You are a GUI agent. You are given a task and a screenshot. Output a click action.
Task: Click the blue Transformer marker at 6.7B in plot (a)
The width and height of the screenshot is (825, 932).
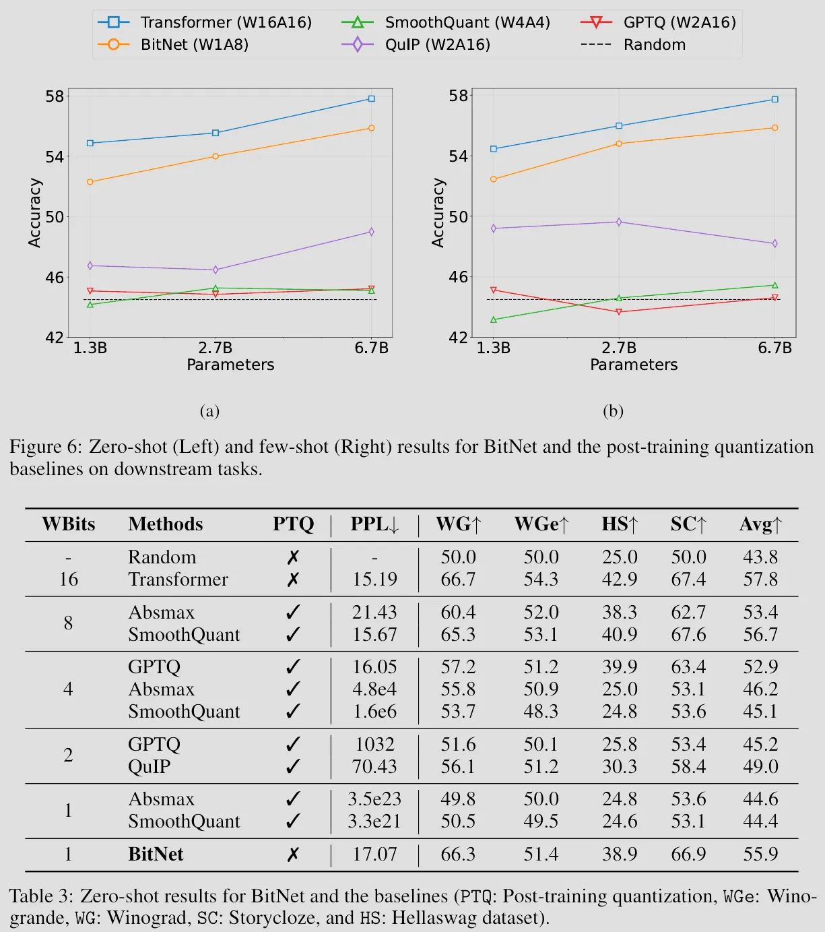pyautogui.click(x=371, y=98)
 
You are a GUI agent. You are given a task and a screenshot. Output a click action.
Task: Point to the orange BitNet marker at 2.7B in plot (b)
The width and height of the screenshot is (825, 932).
pyautogui.click(x=619, y=144)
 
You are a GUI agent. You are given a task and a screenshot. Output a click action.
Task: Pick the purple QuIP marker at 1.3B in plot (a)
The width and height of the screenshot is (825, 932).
pyautogui.click(x=90, y=266)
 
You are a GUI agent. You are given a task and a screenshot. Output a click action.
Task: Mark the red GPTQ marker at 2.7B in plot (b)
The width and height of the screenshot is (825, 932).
pyautogui.click(x=619, y=312)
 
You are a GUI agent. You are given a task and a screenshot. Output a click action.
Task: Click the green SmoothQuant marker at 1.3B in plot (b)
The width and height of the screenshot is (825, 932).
pyautogui.click(x=494, y=319)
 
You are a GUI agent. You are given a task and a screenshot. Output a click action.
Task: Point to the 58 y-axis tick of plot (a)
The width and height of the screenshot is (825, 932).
pyautogui.click(x=55, y=96)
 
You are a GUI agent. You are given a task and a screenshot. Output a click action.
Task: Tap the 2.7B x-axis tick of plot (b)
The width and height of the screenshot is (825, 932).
pyautogui.click(x=619, y=348)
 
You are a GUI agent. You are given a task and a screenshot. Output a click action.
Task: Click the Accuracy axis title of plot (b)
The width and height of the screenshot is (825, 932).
pyautogui.click(x=438, y=213)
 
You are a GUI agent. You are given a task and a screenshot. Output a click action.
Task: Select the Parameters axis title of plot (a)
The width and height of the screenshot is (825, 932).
pyautogui.click(x=230, y=365)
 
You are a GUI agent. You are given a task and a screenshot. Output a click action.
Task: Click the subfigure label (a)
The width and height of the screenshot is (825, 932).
pyautogui.click(x=209, y=411)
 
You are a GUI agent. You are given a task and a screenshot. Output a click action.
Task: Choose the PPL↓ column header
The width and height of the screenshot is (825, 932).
pyautogui.click(x=374, y=524)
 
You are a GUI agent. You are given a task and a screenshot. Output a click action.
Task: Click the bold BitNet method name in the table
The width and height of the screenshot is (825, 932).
pyautogui.click(x=156, y=855)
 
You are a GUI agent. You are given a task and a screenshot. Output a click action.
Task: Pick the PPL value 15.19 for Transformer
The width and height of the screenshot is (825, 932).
pyautogui.click(x=374, y=580)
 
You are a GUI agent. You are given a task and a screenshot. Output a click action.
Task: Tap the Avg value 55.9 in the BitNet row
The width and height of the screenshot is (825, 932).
pyautogui.click(x=760, y=855)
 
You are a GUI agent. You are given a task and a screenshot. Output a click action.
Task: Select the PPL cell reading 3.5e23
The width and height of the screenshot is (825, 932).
pyautogui.click(x=374, y=799)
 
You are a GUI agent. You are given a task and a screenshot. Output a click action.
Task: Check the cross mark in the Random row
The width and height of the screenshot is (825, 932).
pyautogui.click(x=293, y=558)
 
